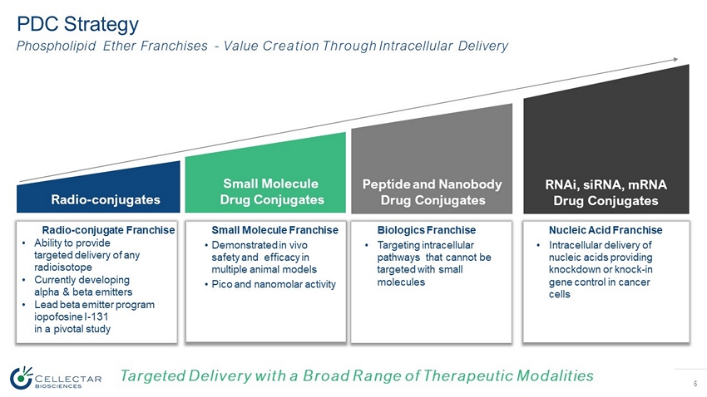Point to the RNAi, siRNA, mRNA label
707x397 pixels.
(x=606, y=192)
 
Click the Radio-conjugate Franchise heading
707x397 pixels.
(x=107, y=230)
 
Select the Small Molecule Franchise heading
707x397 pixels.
(x=274, y=230)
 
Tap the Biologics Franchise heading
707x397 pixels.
(x=426, y=230)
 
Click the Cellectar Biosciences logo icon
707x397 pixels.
(x=21, y=378)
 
